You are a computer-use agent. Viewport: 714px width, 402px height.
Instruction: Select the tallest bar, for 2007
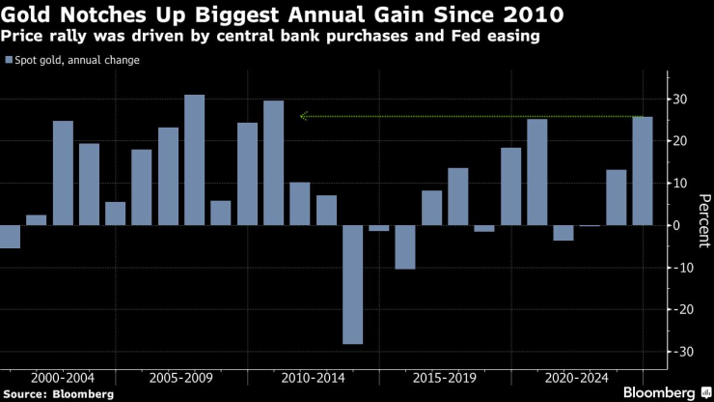coord(194,159)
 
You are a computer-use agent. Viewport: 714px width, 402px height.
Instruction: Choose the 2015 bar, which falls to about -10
coord(405,247)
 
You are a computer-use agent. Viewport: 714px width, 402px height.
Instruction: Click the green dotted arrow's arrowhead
coord(304,116)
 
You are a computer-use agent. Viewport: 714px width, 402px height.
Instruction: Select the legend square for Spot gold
coord(8,61)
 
